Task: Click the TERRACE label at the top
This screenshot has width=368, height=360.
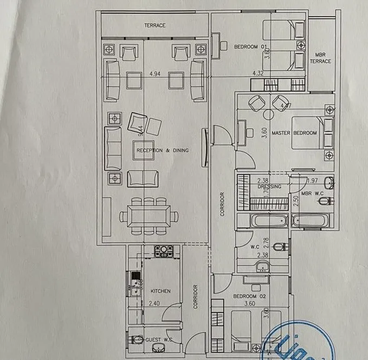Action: [x=154, y=25]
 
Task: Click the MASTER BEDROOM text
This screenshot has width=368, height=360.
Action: [x=294, y=132]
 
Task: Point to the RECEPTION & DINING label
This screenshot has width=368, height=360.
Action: [x=162, y=150]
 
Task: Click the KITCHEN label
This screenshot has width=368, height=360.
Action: [x=160, y=291]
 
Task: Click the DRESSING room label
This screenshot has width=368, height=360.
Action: [x=270, y=187]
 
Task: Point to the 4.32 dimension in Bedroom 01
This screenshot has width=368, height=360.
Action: [x=258, y=72]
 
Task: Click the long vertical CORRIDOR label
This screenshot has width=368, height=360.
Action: [x=222, y=204]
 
